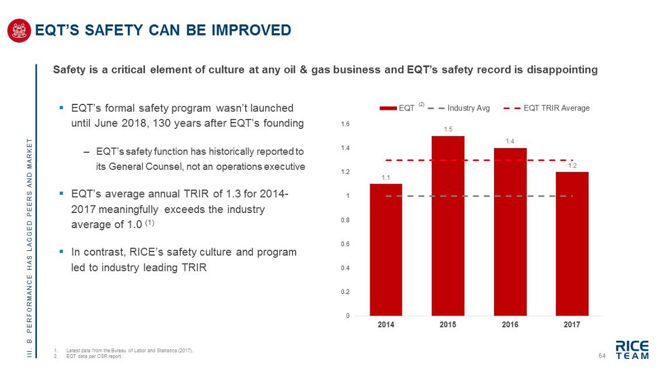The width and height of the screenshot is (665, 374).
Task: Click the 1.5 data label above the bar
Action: [448, 129]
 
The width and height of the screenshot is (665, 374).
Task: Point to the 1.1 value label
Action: [386, 177]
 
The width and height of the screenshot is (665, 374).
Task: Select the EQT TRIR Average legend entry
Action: [556, 108]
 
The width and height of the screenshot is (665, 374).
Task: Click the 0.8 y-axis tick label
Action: [344, 220]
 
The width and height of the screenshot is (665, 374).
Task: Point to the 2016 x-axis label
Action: [510, 325]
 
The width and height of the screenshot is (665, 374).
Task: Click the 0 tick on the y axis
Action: [347, 316]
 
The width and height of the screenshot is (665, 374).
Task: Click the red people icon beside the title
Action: [19, 30]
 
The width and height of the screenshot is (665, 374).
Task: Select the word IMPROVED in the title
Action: [253, 30]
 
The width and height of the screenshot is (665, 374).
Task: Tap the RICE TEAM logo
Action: [632, 349]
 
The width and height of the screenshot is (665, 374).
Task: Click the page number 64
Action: [603, 356]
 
